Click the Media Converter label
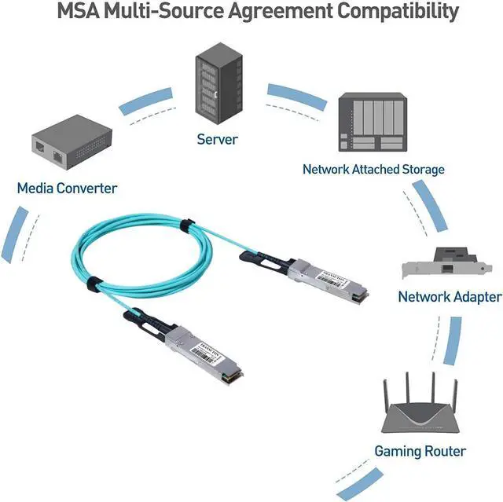click(x=67, y=188)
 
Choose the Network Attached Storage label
click(x=373, y=169)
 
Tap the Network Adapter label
click(x=449, y=296)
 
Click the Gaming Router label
click(x=420, y=451)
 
